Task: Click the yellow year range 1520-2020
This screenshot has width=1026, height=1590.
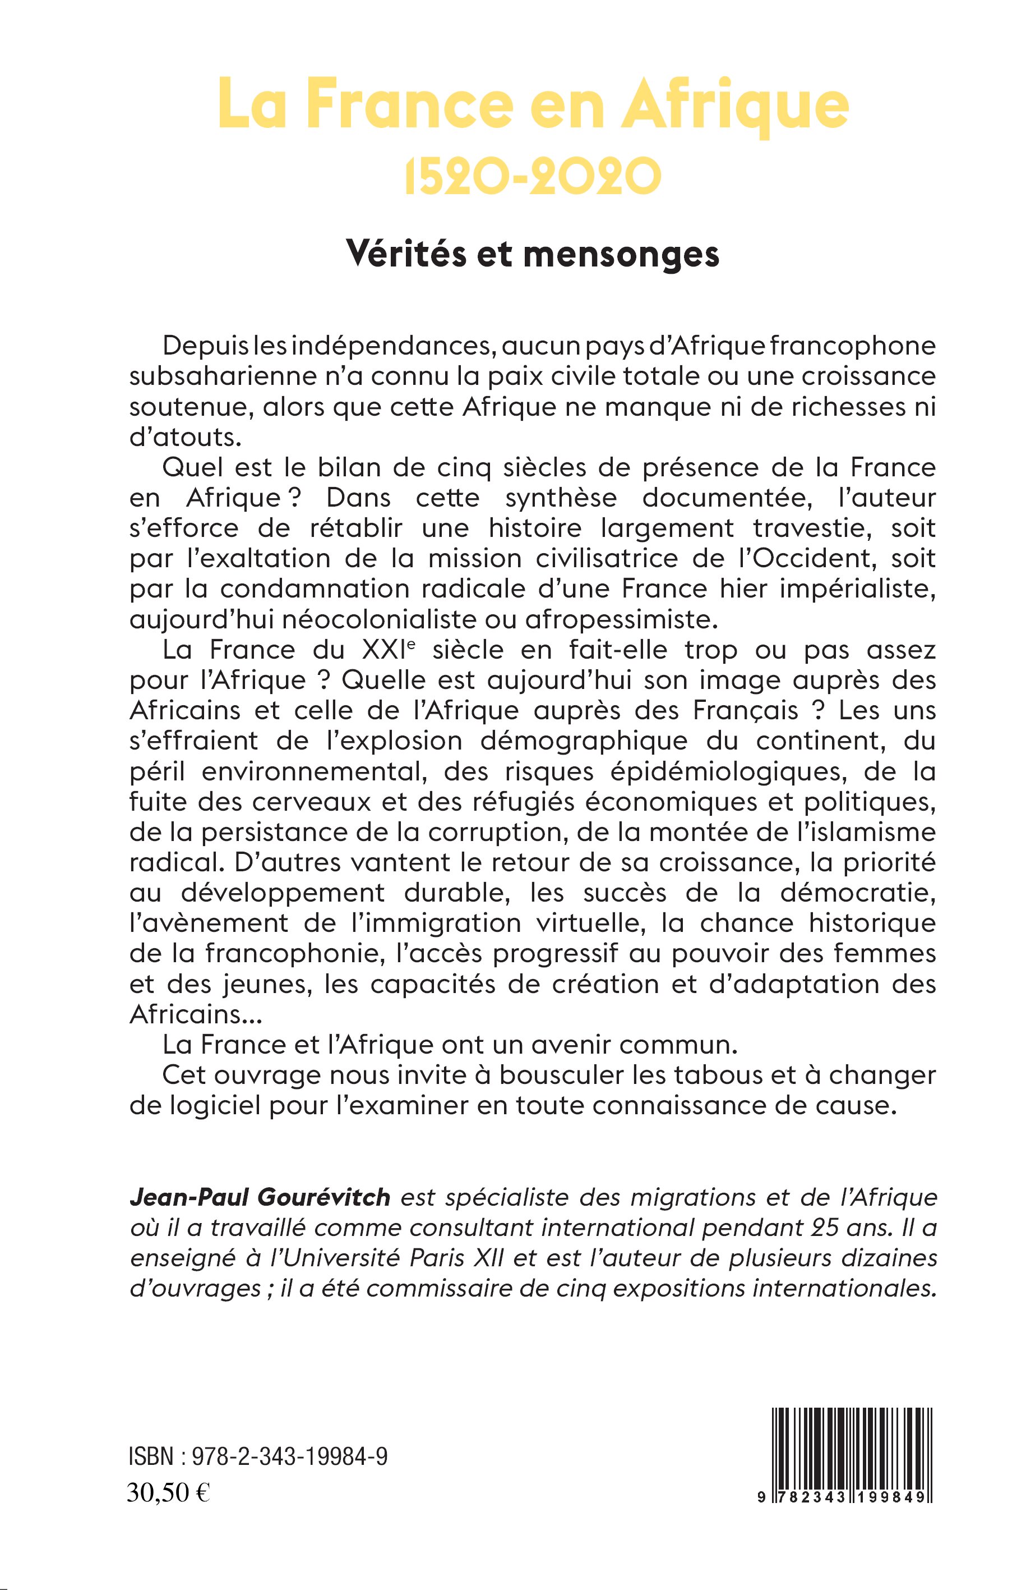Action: (533, 174)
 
